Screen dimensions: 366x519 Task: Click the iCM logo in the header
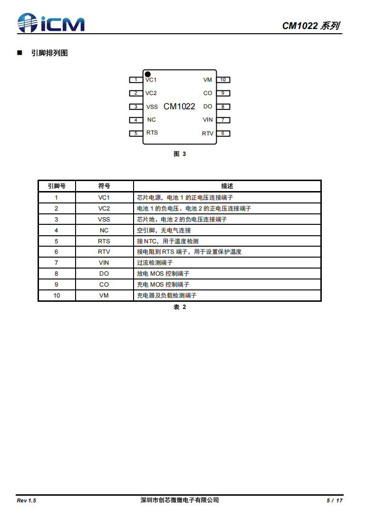pyautogui.click(x=51, y=22)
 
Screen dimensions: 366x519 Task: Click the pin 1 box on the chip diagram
pyautogui.click(x=136, y=80)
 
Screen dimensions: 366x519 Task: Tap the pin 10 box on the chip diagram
pyautogui.click(x=223, y=80)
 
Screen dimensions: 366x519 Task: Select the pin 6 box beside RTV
pyautogui.click(x=223, y=134)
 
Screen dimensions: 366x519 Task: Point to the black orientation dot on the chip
pyautogui.click(x=148, y=74)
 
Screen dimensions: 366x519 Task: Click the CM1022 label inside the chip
pyautogui.click(x=179, y=106)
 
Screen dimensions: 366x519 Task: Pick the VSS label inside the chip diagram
pyautogui.click(x=152, y=107)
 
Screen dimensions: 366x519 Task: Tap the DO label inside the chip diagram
pyautogui.click(x=208, y=106)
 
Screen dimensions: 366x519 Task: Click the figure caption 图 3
pyautogui.click(x=180, y=154)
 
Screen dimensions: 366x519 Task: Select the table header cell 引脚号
pyautogui.click(x=57, y=186)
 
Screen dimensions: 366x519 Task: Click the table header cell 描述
pyautogui.click(x=227, y=186)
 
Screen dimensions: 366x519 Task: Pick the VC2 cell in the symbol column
pyautogui.click(x=104, y=208)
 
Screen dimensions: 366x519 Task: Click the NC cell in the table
pyautogui.click(x=104, y=230)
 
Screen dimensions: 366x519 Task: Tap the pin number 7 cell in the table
pyautogui.click(x=57, y=263)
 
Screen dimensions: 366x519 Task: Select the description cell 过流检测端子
pyautogui.click(x=155, y=263)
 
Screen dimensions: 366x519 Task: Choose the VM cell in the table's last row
pyautogui.click(x=104, y=296)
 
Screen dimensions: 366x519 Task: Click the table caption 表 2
pyautogui.click(x=180, y=308)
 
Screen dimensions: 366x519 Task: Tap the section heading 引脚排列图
pyautogui.click(x=49, y=53)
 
